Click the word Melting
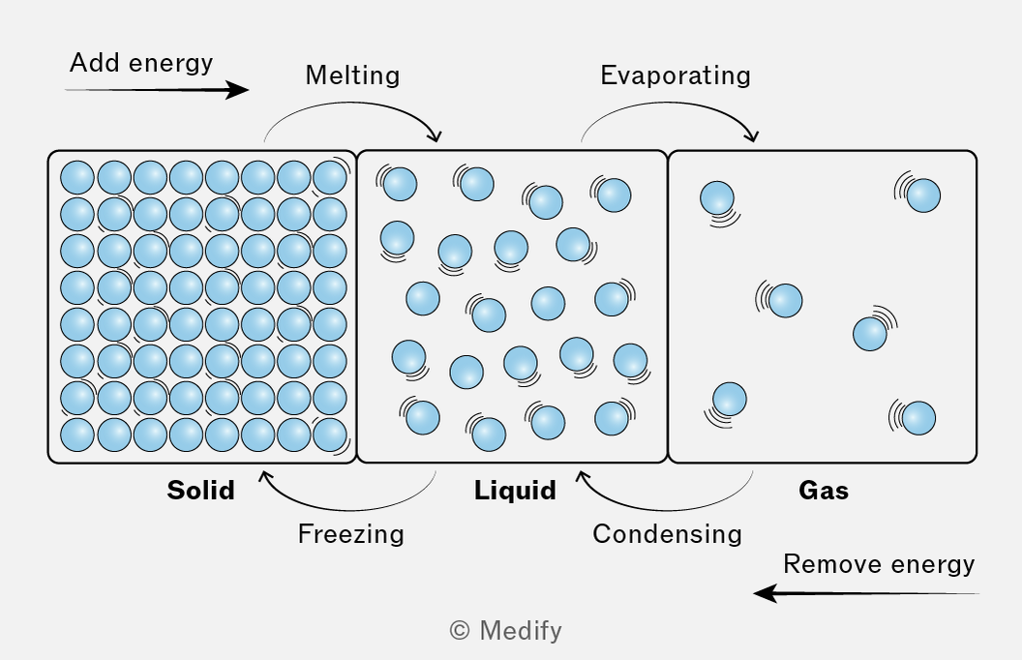tap(352, 75)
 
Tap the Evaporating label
tap(676, 75)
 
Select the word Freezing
tap(350, 533)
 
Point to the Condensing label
tap(667, 533)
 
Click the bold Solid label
tap(200, 490)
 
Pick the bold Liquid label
tap(515, 490)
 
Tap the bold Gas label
tap(824, 490)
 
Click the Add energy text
tap(141, 63)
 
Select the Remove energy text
tap(879, 563)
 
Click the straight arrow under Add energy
tap(157, 90)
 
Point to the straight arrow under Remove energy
tap(866, 593)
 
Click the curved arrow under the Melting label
tap(352, 103)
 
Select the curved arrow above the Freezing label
tap(348, 509)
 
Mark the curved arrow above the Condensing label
tap(665, 509)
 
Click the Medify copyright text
tap(505, 631)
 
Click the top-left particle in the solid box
tap(77, 177)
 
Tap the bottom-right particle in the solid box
tap(330, 435)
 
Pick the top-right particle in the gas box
tap(923, 195)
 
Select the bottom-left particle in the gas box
tap(730, 400)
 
